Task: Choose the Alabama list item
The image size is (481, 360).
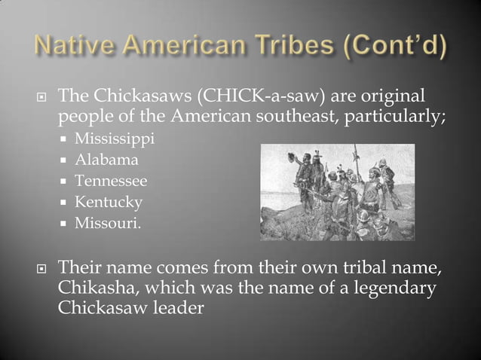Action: (106, 160)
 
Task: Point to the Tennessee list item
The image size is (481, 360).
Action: (111, 181)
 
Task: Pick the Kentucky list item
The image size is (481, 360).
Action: (108, 202)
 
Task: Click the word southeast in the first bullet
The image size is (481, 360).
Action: (312, 118)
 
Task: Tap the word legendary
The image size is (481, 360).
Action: (397, 288)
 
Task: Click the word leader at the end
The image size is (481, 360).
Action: (180, 309)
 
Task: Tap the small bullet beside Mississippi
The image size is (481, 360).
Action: (66, 140)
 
